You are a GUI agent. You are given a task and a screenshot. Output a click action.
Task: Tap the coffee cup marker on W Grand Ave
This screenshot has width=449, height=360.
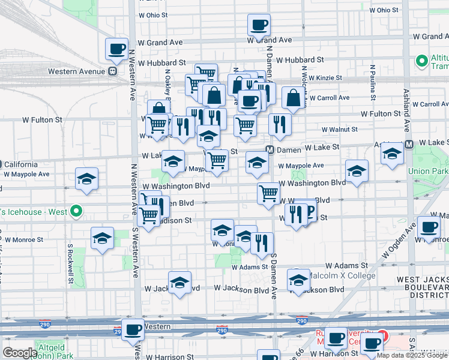[259, 25]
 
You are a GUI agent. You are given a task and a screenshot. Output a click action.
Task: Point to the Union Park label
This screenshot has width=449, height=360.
[430, 171]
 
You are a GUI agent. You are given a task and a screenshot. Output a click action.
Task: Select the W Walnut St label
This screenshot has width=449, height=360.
[339, 129]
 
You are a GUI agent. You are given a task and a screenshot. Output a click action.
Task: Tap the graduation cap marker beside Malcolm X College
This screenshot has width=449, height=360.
[298, 280]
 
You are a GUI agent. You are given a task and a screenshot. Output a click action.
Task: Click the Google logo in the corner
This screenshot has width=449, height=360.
[20, 352]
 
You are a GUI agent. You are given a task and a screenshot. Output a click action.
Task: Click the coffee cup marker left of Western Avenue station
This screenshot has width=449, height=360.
[116, 49]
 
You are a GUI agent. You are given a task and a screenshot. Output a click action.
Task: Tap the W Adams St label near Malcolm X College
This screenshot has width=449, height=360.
[346, 265]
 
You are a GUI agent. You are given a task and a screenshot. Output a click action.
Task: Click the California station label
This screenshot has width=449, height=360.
[20, 164]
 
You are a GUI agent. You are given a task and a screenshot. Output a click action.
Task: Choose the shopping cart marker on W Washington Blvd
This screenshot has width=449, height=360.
[268, 193]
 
